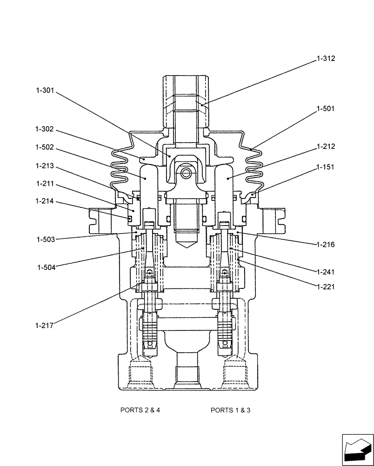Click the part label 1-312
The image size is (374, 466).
(x=326, y=59)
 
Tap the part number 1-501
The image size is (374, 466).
(x=326, y=109)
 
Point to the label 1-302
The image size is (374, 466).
(x=45, y=129)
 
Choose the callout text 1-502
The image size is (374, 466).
(x=45, y=147)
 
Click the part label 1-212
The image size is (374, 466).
(x=326, y=146)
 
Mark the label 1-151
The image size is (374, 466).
(x=326, y=167)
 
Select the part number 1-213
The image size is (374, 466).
(x=45, y=166)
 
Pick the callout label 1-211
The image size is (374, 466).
(x=45, y=184)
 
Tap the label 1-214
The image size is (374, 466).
(x=45, y=201)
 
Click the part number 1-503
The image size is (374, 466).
(x=46, y=240)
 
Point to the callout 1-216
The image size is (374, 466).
(x=326, y=244)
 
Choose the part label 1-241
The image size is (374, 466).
(x=326, y=272)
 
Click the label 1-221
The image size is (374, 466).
(x=326, y=287)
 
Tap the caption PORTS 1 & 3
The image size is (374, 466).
(x=230, y=410)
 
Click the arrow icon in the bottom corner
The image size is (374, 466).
(x=358, y=450)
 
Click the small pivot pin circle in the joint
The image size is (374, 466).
(x=186, y=173)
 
